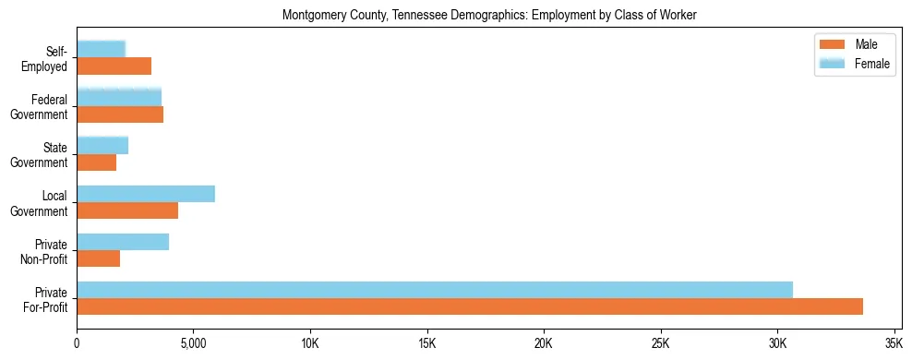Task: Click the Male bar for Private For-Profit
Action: [x=470, y=306]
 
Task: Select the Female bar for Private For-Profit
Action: [x=435, y=290]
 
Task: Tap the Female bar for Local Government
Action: [x=146, y=194]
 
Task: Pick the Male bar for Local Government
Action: [x=127, y=210]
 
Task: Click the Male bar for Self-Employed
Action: [x=114, y=66]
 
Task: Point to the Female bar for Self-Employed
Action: [x=101, y=50]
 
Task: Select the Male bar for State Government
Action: [x=96, y=162]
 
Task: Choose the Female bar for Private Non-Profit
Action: [x=123, y=242]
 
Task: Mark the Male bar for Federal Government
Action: [x=120, y=114]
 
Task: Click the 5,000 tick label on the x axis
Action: [x=193, y=344]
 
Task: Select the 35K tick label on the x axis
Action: [x=894, y=344]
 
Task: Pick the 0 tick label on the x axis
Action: [x=77, y=344]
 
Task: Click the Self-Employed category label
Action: [x=50, y=58]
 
